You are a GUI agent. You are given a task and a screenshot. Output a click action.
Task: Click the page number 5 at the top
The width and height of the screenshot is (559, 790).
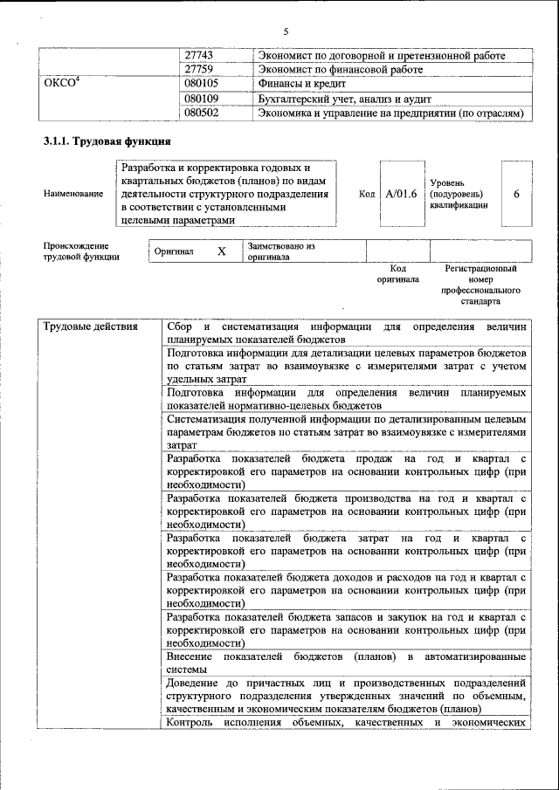tap(285, 31)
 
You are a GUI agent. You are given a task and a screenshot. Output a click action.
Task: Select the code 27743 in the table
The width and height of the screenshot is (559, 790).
tap(200, 55)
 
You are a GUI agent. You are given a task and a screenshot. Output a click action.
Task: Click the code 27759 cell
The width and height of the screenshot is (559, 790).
tap(200, 69)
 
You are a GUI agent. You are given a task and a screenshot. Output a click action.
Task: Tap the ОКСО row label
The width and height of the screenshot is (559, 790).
tap(62, 84)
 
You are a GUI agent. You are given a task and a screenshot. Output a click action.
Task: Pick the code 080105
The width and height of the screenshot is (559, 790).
tap(202, 84)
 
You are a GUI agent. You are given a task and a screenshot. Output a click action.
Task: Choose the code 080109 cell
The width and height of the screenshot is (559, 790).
tap(202, 99)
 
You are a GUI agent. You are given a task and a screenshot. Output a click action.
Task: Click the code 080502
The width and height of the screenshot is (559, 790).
tap(202, 113)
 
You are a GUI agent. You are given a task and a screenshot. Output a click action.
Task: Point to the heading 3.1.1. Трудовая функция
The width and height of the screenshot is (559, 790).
tap(107, 141)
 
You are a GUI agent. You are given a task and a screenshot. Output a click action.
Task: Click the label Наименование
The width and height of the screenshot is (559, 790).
tap(72, 194)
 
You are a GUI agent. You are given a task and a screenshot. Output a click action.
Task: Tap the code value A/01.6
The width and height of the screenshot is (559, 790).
tap(402, 194)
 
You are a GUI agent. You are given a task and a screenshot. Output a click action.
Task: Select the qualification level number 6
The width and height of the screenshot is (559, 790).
tap(516, 194)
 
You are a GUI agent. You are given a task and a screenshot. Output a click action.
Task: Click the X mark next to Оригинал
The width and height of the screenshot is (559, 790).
tap(222, 251)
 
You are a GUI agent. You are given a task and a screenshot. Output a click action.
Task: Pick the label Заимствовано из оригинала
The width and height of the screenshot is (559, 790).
tap(280, 251)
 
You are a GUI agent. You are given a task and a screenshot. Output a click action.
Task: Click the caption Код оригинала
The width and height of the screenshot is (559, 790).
tap(397, 274)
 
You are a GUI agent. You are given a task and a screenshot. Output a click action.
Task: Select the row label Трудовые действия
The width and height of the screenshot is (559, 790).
tap(91, 327)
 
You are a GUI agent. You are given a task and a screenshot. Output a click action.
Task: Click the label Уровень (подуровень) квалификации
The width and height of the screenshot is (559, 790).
tap(459, 194)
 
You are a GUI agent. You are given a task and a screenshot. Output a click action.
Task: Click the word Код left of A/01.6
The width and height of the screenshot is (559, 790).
tap(368, 194)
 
